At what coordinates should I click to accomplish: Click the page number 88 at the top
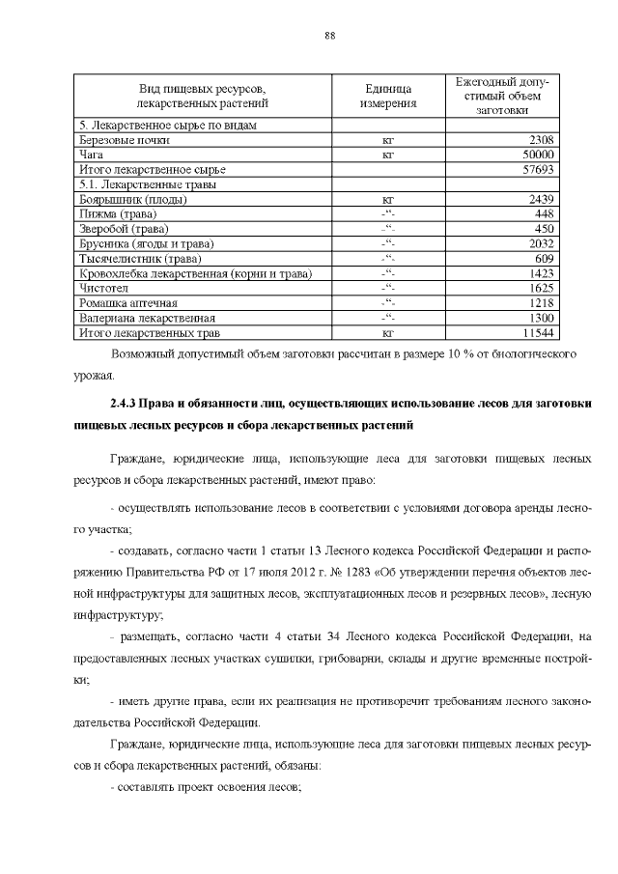[329, 36]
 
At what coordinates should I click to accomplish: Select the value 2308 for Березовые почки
[539, 139]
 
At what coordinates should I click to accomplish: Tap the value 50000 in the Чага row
[536, 154]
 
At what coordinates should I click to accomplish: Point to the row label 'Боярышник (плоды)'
[126, 199]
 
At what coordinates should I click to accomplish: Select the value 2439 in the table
[539, 199]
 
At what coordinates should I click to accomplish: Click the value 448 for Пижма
[543, 213]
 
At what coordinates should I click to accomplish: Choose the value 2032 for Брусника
[539, 243]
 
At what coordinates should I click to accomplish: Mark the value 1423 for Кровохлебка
[539, 273]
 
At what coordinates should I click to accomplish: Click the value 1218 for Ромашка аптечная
[539, 303]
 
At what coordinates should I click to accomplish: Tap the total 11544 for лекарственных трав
[536, 333]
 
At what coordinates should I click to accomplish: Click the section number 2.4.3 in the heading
[126, 401]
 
